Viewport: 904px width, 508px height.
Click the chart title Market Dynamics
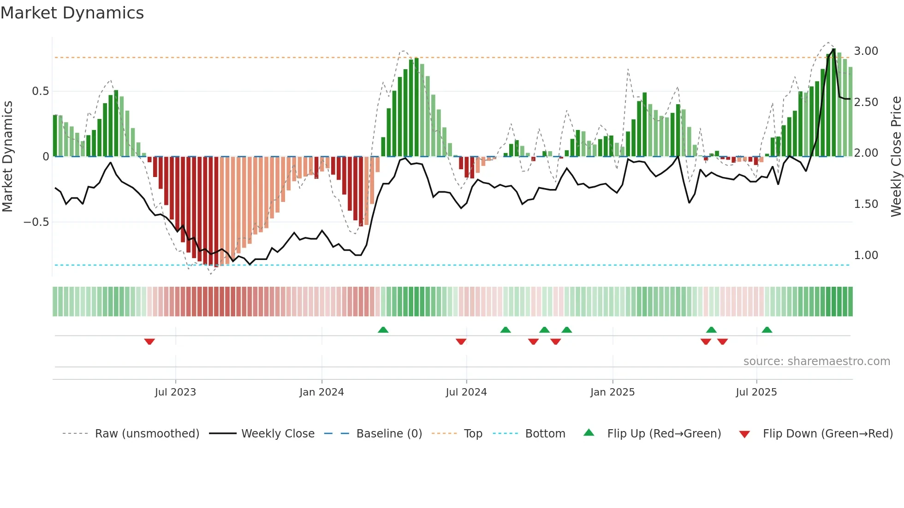pos(72,13)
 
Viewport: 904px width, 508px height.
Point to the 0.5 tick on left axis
pos(40,91)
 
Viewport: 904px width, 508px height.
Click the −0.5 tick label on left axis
pos(36,222)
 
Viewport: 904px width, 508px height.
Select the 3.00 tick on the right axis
pos(866,51)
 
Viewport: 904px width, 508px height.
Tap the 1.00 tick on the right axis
pos(866,255)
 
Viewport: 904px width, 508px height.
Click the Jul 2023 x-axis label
pos(175,392)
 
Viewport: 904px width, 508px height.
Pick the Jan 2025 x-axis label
pos(613,392)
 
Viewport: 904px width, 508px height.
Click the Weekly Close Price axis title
pos(896,157)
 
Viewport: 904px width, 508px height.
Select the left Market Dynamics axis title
pos(7,157)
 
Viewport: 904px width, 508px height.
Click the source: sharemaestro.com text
pos(816,361)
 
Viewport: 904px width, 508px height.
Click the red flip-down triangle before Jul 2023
pos(149,342)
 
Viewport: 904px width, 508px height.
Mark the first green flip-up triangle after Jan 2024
pos(383,330)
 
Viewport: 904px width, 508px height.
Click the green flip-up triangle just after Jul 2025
pos(767,330)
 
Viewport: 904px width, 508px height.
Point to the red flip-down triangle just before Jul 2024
pos(461,342)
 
